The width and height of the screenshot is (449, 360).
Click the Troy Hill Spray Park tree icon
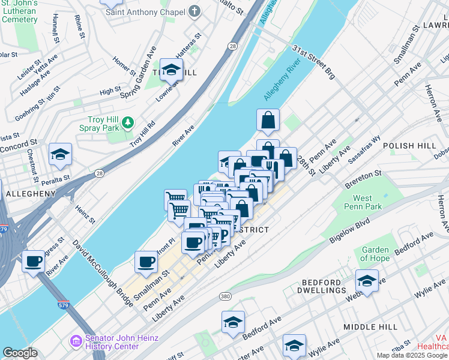tap(127, 123)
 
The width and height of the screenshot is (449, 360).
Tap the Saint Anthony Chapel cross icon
tap(194, 11)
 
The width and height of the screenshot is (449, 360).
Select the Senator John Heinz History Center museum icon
tap(76, 341)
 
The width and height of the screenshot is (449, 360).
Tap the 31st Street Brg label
tap(313, 62)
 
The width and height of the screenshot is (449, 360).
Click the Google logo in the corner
tap(20, 353)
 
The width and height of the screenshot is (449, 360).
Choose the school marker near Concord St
tap(60, 155)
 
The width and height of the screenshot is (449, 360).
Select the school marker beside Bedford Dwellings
tap(367, 280)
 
